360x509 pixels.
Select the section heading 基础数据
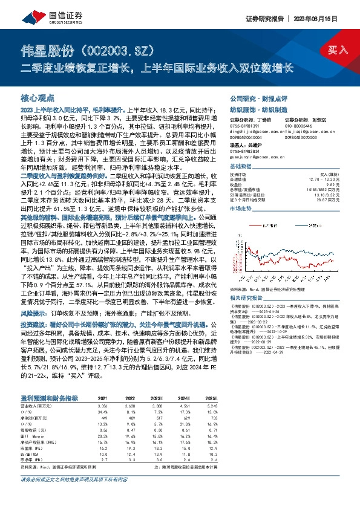point(241,166)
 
